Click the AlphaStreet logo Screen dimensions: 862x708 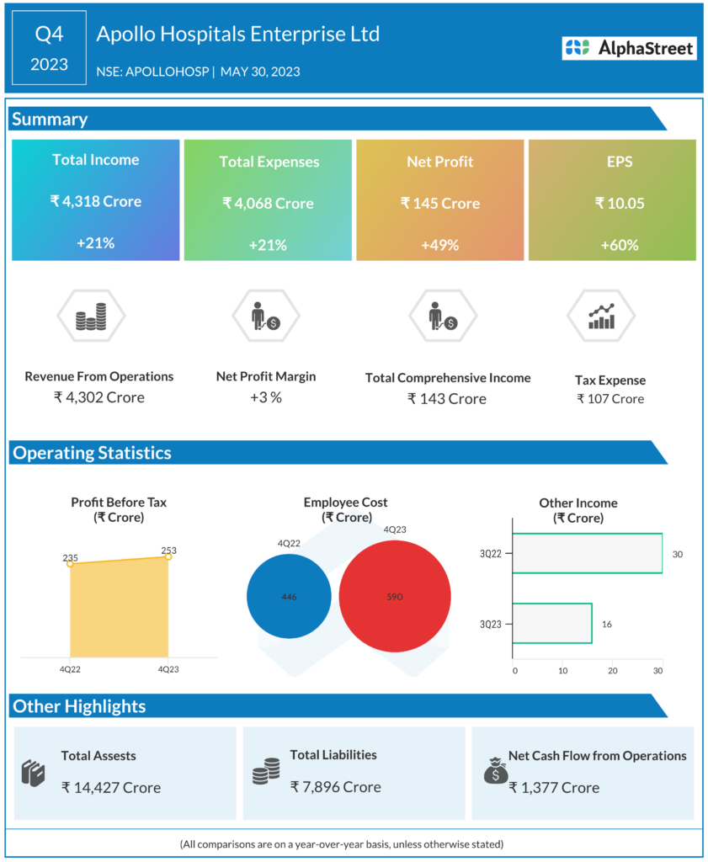click(630, 48)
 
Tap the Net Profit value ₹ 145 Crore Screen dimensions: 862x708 click(440, 204)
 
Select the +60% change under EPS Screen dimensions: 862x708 click(619, 245)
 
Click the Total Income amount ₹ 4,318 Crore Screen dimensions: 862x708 click(95, 202)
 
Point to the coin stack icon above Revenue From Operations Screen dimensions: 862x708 click(91, 317)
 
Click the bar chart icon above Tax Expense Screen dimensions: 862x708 click(601, 317)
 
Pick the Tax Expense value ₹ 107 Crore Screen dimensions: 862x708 click(610, 399)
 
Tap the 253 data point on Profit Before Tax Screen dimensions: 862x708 click(168, 556)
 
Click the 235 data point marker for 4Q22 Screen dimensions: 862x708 click(70, 563)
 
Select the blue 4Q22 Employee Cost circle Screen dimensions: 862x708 click(290, 597)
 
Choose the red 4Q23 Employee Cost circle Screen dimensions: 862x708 click(395, 597)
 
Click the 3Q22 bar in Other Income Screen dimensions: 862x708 click(587, 554)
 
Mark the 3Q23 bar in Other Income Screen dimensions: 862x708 click(551, 624)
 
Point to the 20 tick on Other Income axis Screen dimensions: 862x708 click(613, 671)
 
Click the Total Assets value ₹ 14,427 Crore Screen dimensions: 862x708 click(111, 788)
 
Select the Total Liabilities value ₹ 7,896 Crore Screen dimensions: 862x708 click(336, 787)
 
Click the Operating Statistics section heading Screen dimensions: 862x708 click(92, 453)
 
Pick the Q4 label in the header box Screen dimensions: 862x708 click(49, 35)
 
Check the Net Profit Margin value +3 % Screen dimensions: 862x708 click(266, 397)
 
